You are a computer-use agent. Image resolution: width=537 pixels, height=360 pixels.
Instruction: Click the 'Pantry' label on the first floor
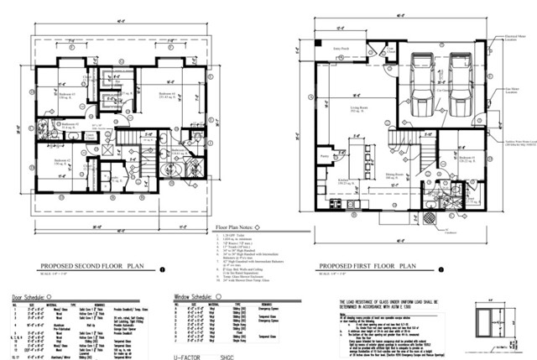324,156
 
